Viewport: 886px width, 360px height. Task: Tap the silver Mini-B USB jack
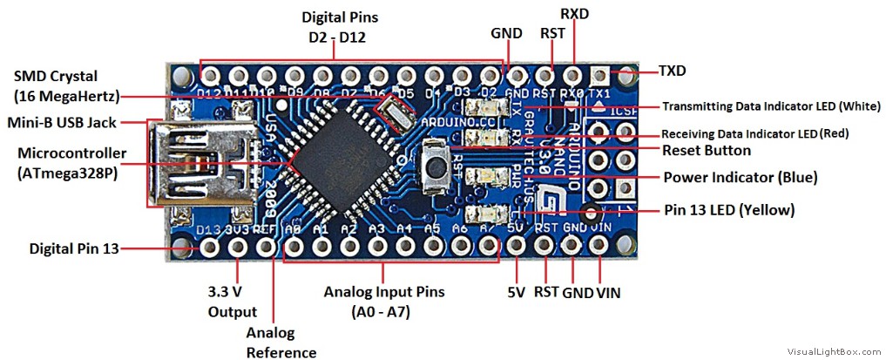coord(187,165)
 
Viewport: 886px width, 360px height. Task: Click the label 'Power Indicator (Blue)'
coord(740,178)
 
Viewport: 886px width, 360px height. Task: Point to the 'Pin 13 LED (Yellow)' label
coord(728,210)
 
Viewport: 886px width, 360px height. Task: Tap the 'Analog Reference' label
coord(270,343)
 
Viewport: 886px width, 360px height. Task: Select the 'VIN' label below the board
coord(608,293)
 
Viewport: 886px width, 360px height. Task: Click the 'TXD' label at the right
coord(672,70)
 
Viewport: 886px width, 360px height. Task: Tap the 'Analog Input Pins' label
coord(384,292)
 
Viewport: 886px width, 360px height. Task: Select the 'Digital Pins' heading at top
coord(341,17)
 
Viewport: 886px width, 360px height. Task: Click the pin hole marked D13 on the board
coord(209,248)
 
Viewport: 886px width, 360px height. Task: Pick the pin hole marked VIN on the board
coord(599,248)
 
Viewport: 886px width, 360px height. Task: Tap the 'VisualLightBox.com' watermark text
coord(834,351)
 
